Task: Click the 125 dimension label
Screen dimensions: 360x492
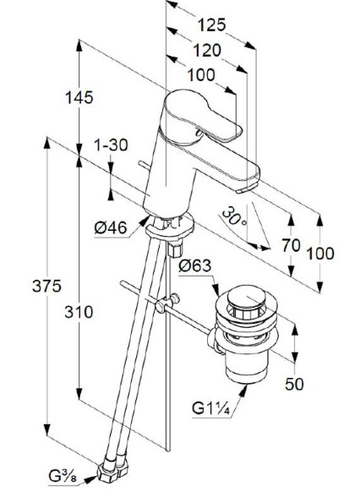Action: click(211, 25)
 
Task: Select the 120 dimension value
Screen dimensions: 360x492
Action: click(207, 51)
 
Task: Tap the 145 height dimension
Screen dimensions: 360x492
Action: click(79, 97)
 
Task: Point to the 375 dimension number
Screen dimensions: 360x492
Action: click(46, 286)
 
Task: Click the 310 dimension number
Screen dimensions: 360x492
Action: click(79, 312)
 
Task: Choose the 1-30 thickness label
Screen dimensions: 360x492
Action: click(112, 145)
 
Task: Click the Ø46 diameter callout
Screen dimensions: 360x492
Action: click(111, 227)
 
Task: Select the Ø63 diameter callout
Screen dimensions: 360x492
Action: click(195, 266)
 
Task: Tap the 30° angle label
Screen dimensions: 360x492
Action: click(235, 217)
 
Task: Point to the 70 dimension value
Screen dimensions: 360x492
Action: click(291, 245)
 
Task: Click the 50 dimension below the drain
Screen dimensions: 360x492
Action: click(294, 384)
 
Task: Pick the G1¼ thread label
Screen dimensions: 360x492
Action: click(211, 409)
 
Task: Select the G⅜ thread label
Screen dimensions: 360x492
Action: click(63, 477)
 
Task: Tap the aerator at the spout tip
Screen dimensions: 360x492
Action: click(244, 189)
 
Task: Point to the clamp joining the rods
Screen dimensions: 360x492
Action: click(167, 303)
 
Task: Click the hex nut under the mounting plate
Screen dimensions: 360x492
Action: click(175, 249)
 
